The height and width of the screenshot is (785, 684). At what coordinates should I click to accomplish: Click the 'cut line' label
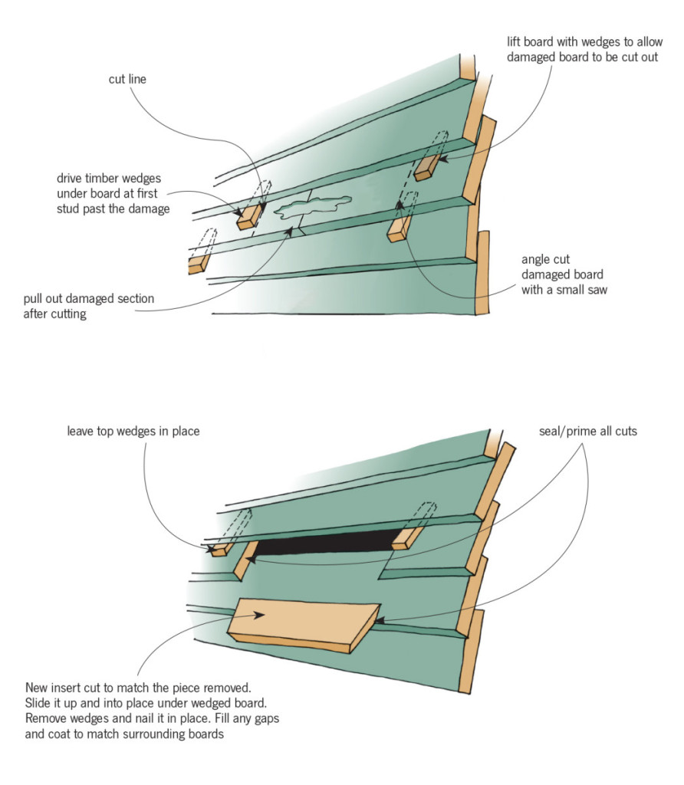[128, 79]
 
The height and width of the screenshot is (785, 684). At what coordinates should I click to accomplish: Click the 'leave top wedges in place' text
[133, 431]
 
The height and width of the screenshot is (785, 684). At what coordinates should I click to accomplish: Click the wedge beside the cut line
[250, 218]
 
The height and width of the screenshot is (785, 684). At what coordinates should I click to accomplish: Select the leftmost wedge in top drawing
[198, 264]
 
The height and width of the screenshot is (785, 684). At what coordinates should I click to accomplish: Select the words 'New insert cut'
[64, 688]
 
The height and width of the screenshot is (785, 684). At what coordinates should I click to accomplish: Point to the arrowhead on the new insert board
[263, 614]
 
